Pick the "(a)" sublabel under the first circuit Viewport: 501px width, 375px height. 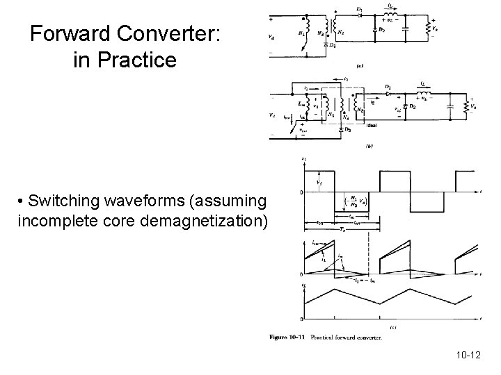(359, 66)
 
